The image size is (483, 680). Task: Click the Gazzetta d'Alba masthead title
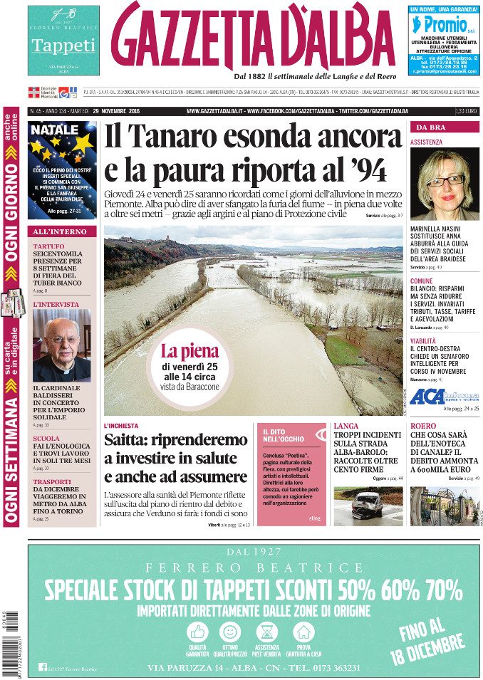click(253, 37)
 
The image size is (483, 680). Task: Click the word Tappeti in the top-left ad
click(63, 46)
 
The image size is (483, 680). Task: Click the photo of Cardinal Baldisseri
click(62, 345)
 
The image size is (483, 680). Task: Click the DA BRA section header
click(431, 127)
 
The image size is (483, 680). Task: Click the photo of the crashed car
click(368, 505)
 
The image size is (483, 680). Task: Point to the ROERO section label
click(423, 426)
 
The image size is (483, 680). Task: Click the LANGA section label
click(346, 426)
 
